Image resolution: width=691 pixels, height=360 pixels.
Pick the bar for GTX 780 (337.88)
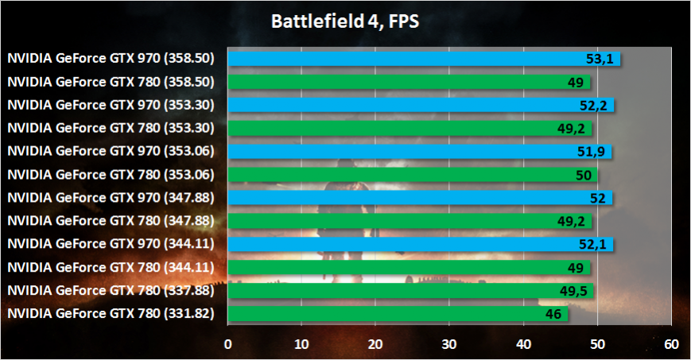[x=398, y=291]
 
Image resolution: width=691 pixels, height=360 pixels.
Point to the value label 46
[x=554, y=315]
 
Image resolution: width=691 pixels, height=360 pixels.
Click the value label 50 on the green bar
[x=582, y=174]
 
